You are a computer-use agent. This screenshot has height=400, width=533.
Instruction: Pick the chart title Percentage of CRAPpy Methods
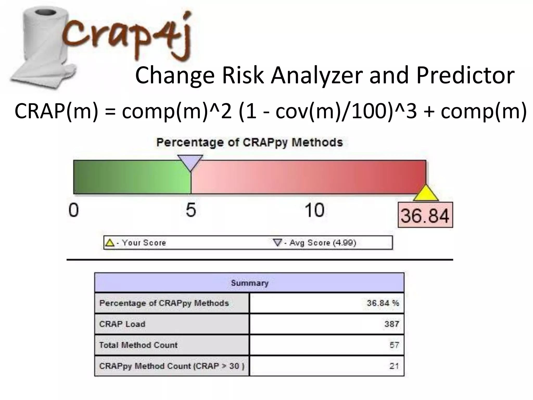point(249,143)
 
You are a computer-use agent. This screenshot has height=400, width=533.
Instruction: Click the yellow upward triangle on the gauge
point(426,193)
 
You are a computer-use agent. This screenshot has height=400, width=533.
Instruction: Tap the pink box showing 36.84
point(425,215)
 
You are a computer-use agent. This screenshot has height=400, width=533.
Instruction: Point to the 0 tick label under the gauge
point(73,210)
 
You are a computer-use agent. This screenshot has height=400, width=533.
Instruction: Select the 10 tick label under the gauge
point(314,210)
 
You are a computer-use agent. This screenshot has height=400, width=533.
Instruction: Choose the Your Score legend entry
point(135,243)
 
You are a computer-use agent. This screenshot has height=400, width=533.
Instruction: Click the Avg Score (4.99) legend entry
point(315,243)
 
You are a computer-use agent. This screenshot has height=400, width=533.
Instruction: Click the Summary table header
point(249,283)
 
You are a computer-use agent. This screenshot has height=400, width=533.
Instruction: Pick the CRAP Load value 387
point(392,324)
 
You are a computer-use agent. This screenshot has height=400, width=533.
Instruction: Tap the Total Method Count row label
point(138,345)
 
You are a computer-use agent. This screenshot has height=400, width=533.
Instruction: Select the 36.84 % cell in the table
point(383,303)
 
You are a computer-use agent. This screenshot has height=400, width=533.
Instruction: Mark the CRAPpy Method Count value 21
point(394,366)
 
